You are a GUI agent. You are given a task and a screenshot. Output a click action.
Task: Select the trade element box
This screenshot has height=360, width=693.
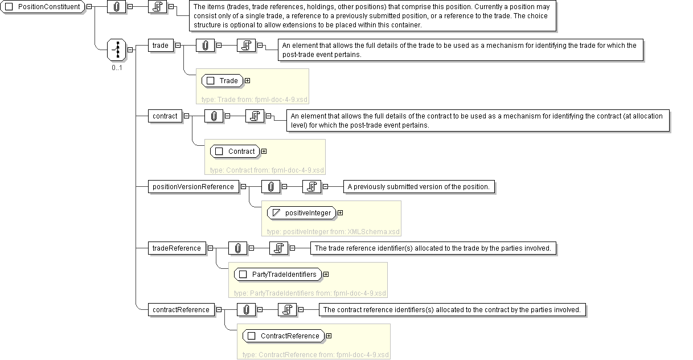click(x=160, y=45)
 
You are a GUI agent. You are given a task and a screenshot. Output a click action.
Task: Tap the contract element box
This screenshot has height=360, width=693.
click(x=165, y=116)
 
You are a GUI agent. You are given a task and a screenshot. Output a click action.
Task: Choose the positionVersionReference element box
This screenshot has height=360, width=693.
click(x=192, y=186)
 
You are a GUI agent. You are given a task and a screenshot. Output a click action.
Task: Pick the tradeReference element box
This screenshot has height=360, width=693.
click(x=177, y=248)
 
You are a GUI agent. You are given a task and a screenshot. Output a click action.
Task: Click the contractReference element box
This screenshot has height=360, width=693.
click(x=181, y=309)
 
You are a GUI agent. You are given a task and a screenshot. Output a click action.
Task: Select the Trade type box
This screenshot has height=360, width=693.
click(x=223, y=80)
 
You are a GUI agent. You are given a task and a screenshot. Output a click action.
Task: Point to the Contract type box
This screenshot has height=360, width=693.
click(x=235, y=151)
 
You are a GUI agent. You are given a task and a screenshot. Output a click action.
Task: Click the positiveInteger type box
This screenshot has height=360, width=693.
click(x=302, y=212)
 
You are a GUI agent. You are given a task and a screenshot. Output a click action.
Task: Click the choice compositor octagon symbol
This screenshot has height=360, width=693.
click(x=117, y=50)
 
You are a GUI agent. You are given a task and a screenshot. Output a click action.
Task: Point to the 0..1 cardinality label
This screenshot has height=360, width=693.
click(x=117, y=68)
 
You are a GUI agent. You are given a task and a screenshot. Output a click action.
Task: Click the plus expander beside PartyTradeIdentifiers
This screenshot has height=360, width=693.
click(x=326, y=274)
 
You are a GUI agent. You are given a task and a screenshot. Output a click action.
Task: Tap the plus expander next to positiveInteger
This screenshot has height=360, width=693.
click(x=340, y=212)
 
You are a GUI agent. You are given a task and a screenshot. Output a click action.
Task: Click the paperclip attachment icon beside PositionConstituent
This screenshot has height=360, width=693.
click(x=117, y=6)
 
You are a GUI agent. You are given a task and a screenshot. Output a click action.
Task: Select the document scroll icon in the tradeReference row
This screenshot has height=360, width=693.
click(x=278, y=248)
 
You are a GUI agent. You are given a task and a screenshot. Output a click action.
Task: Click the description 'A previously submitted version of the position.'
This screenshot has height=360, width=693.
click(x=418, y=186)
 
